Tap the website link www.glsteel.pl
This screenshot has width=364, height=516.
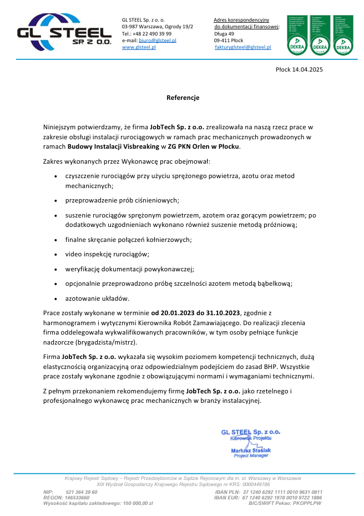[x=139, y=48]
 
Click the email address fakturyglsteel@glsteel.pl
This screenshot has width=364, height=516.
[x=242, y=48]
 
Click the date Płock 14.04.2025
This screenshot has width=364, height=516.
[x=299, y=69]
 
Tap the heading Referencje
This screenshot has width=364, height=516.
[x=183, y=98]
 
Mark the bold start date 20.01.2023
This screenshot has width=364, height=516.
[x=178, y=313]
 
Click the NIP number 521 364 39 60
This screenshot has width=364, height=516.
[x=81, y=492]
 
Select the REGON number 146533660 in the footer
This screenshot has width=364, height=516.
[x=77, y=498]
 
